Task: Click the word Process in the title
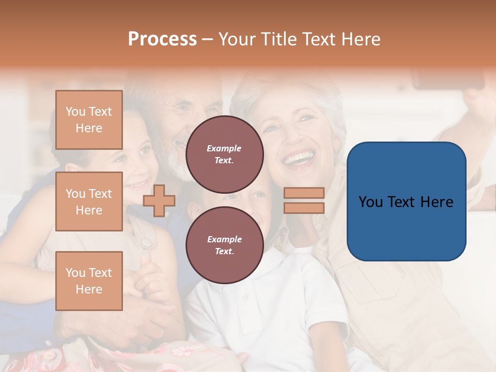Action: click(162, 39)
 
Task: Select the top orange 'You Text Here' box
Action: click(89, 120)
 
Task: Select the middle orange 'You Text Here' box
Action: click(89, 202)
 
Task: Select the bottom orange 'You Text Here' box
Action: click(89, 281)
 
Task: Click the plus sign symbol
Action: click(159, 200)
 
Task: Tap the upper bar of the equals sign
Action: click(304, 193)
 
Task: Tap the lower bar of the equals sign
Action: click(304, 208)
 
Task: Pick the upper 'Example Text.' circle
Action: click(224, 154)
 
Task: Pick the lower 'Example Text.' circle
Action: click(224, 245)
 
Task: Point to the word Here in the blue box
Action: click(437, 202)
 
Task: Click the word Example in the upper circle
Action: click(224, 148)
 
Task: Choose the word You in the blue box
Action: click(370, 202)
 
